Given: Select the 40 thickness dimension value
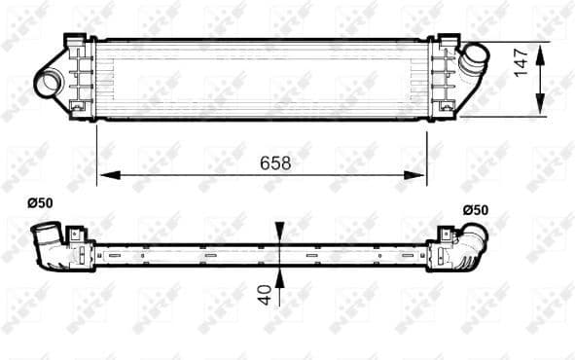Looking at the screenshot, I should [x=263, y=293].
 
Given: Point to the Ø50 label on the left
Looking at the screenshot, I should [x=40, y=203].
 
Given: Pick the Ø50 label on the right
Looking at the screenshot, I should [x=475, y=210].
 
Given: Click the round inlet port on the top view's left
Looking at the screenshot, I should [x=48, y=83].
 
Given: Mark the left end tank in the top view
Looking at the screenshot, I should [x=81, y=78].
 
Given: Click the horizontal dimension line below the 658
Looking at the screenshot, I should [x=195, y=176].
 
